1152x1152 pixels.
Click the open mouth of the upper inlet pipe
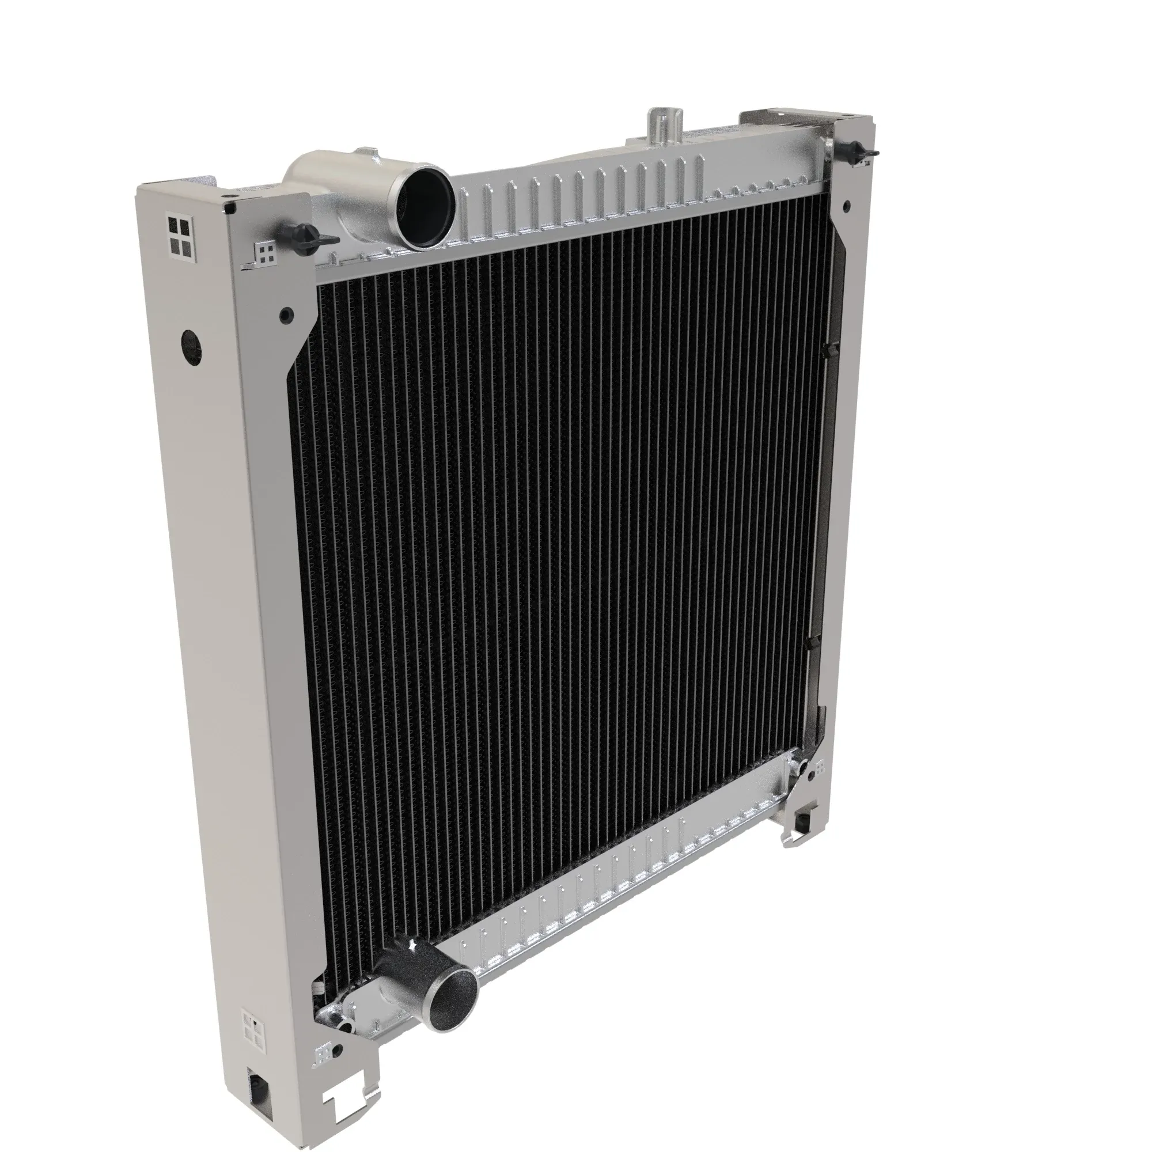425,206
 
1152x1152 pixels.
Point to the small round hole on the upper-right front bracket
846,206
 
